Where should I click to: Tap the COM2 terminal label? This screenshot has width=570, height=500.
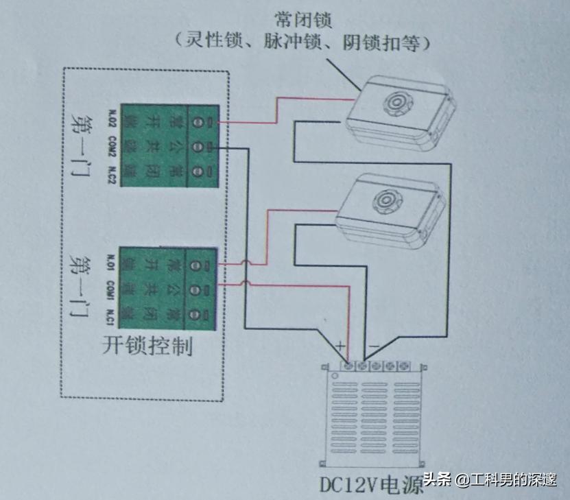[112, 147]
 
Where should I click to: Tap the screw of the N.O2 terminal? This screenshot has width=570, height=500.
[196, 122]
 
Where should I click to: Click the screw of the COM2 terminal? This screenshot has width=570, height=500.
[196, 146]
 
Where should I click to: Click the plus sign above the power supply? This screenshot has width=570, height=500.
[340, 345]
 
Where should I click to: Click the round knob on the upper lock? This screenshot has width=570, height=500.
[395, 103]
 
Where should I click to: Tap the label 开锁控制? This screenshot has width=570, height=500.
[147, 345]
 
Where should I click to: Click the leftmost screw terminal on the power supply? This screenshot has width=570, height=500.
[349, 366]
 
